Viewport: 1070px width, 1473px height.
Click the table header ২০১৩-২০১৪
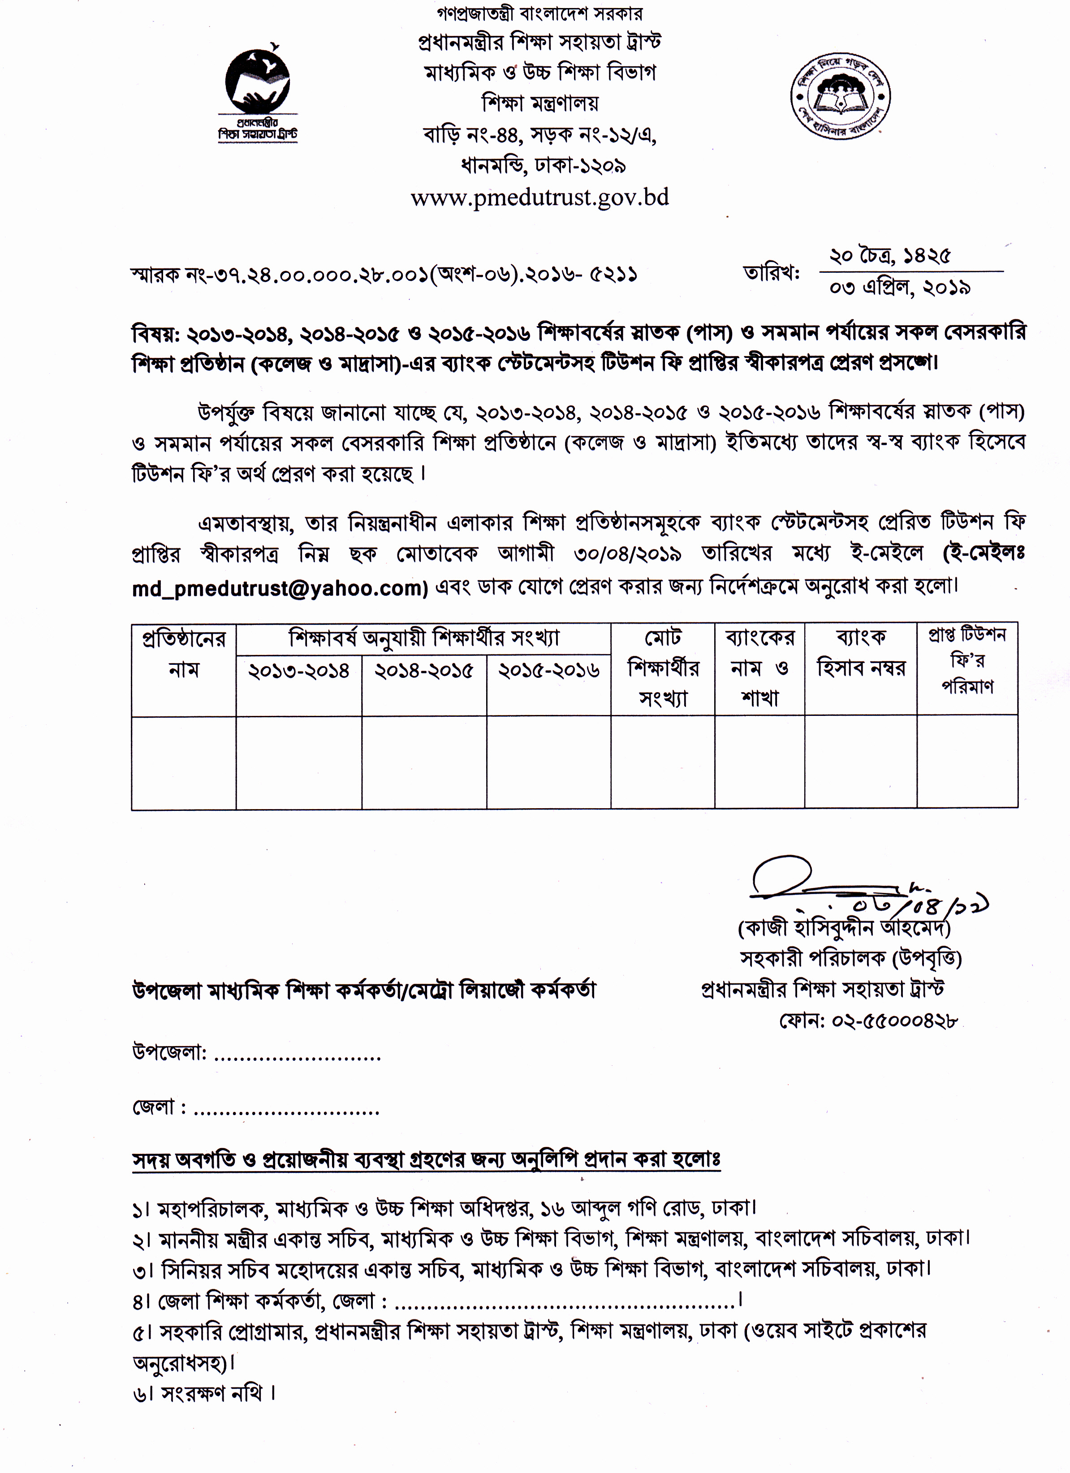299,670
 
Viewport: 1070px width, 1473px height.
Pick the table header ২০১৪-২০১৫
423,670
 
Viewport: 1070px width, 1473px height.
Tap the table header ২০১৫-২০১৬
548,670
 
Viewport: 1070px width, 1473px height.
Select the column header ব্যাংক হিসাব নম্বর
861,652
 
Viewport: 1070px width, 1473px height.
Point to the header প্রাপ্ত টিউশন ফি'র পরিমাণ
967,660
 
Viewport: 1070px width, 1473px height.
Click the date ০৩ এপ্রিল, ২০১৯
900,288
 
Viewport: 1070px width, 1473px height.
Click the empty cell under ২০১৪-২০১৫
423,762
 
